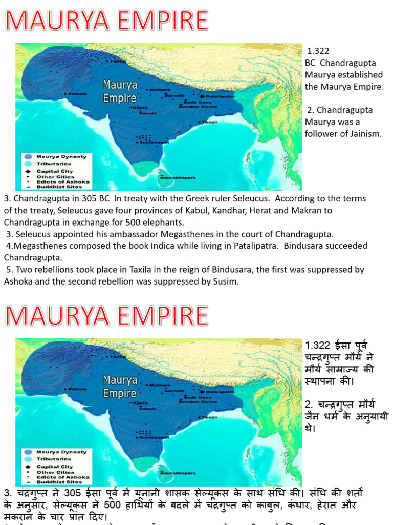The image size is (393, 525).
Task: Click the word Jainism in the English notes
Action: (x=364, y=134)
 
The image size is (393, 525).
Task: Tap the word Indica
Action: (x=169, y=246)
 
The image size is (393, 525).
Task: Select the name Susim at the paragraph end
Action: (x=224, y=281)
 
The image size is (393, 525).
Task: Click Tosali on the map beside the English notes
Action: (x=210, y=122)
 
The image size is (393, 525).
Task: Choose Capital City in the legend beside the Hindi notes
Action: (x=55, y=467)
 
